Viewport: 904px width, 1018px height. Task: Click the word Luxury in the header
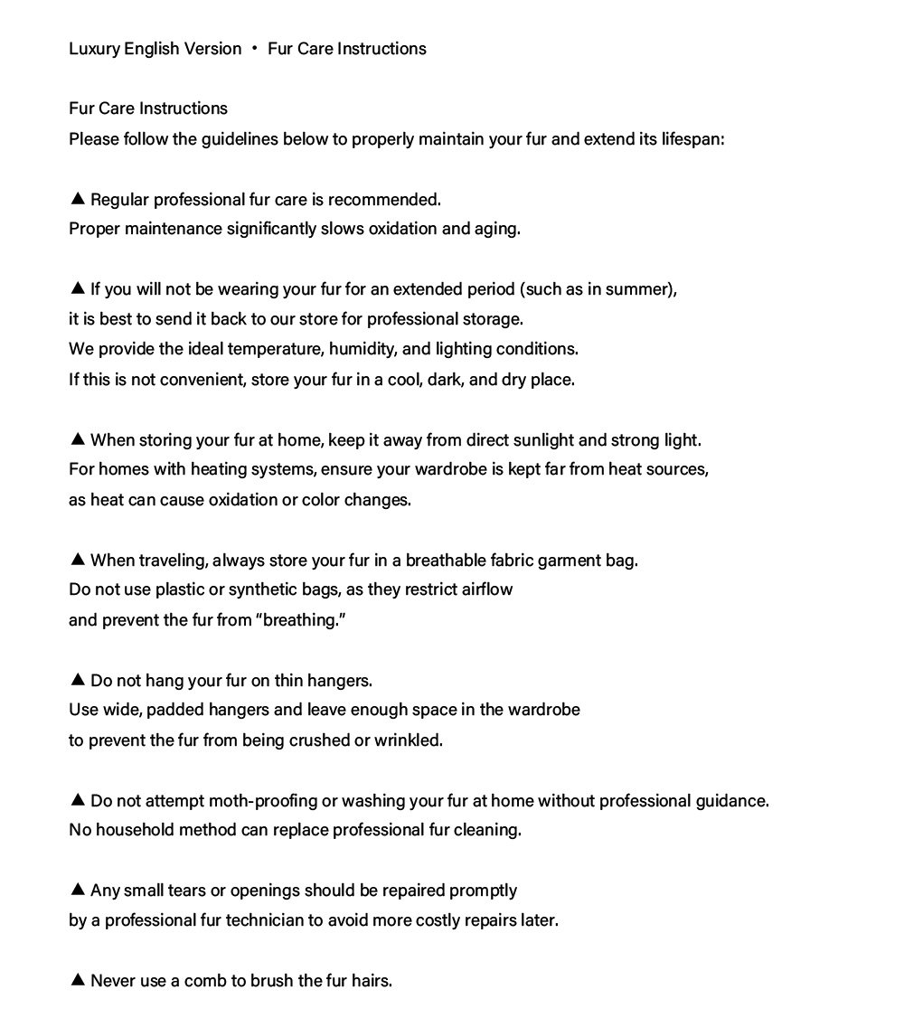[94, 49]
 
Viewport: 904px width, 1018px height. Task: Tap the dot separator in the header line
[255, 49]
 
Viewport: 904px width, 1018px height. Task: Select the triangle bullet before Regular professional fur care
[77, 198]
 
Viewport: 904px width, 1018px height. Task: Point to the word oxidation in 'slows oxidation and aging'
[399, 229]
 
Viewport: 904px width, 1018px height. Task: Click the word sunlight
[542, 440]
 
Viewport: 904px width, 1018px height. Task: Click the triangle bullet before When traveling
[77, 559]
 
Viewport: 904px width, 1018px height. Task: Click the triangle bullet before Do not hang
[77, 679]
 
